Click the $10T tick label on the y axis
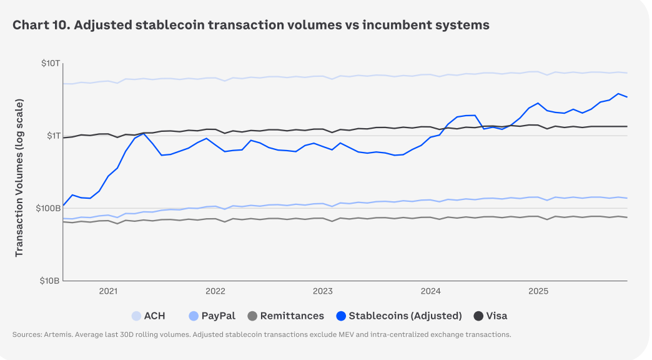coord(51,64)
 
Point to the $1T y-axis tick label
coord(52,136)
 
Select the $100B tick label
coord(48,208)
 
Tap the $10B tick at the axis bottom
coord(50,281)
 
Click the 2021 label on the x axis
coord(108,291)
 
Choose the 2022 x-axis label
coord(215,291)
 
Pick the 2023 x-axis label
coord(323,291)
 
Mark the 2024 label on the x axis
coord(431,291)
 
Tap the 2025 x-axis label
coord(538,291)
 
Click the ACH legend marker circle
coord(136,316)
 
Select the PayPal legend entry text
coord(218,316)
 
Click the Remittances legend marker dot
coord(252,316)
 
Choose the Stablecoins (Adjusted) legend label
coord(405,316)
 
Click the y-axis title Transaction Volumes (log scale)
coord(19,177)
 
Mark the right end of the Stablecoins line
coord(626,97)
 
